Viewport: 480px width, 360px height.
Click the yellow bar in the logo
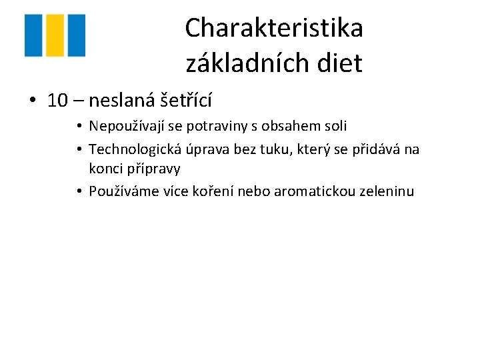point(55,35)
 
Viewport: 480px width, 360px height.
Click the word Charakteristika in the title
point(274,29)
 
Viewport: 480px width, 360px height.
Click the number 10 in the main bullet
point(58,101)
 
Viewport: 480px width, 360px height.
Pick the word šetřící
point(187,101)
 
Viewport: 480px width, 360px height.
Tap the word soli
point(335,126)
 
